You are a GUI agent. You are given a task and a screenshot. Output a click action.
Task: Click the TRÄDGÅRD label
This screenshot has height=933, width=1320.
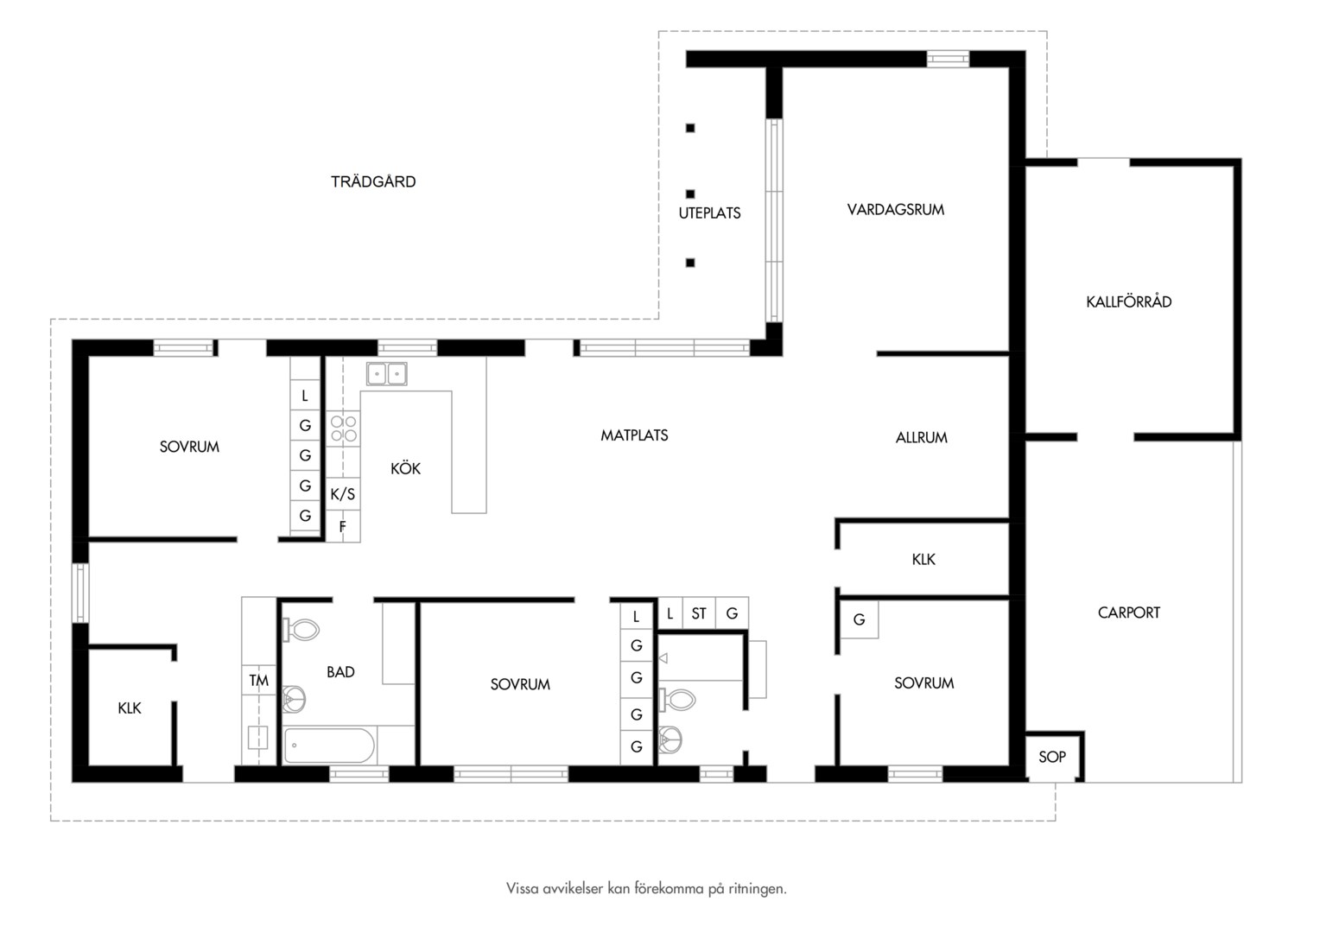[x=373, y=181]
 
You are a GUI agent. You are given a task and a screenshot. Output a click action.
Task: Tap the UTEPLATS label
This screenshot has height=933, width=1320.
[x=709, y=213]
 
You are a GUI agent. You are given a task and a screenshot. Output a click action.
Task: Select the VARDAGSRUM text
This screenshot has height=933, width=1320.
[x=896, y=209]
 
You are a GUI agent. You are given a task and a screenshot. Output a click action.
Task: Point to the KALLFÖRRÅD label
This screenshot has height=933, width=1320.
[x=1128, y=301]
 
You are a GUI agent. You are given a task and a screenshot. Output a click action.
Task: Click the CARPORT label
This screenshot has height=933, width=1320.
[x=1128, y=612]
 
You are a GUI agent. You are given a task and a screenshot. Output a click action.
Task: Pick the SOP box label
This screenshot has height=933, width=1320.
[x=1052, y=757]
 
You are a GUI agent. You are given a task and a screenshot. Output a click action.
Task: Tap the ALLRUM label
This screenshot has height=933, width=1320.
[x=922, y=437]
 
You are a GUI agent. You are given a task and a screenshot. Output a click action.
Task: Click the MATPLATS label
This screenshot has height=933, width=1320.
[x=634, y=435]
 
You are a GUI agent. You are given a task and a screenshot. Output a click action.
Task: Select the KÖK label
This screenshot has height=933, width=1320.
[x=405, y=468]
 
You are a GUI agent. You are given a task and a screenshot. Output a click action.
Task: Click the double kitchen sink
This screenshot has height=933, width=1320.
[x=386, y=374]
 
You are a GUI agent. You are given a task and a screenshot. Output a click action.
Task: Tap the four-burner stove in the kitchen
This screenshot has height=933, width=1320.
[x=344, y=428]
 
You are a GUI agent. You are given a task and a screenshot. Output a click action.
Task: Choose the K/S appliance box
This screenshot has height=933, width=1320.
[x=343, y=494]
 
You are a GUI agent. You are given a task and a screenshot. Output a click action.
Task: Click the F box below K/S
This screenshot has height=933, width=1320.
[x=343, y=526]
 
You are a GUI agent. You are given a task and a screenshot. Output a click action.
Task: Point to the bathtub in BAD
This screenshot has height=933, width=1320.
[x=329, y=746]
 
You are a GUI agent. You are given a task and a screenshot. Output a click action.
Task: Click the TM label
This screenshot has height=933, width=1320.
[x=258, y=681]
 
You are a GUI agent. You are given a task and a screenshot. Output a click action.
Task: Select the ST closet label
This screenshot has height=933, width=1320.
[x=699, y=613]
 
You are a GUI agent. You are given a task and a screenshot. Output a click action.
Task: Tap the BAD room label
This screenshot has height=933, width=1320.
[x=340, y=672]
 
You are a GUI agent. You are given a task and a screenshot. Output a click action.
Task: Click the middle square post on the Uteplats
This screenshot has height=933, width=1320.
[x=690, y=194]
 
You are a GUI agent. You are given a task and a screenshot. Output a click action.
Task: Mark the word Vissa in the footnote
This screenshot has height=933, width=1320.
[x=522, y=888]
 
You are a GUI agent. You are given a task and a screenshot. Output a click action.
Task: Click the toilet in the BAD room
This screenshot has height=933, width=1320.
[x=301, y=630]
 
